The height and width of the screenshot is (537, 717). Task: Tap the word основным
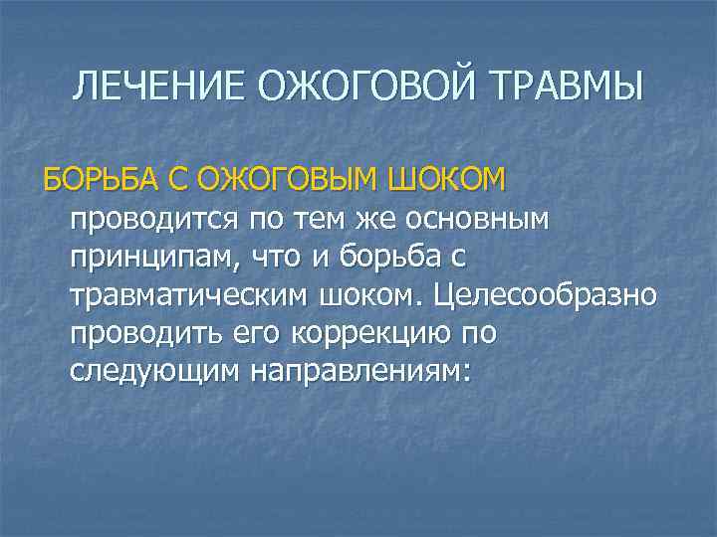482,218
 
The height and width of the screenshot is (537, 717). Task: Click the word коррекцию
370,335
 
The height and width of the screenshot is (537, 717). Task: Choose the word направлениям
358,373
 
